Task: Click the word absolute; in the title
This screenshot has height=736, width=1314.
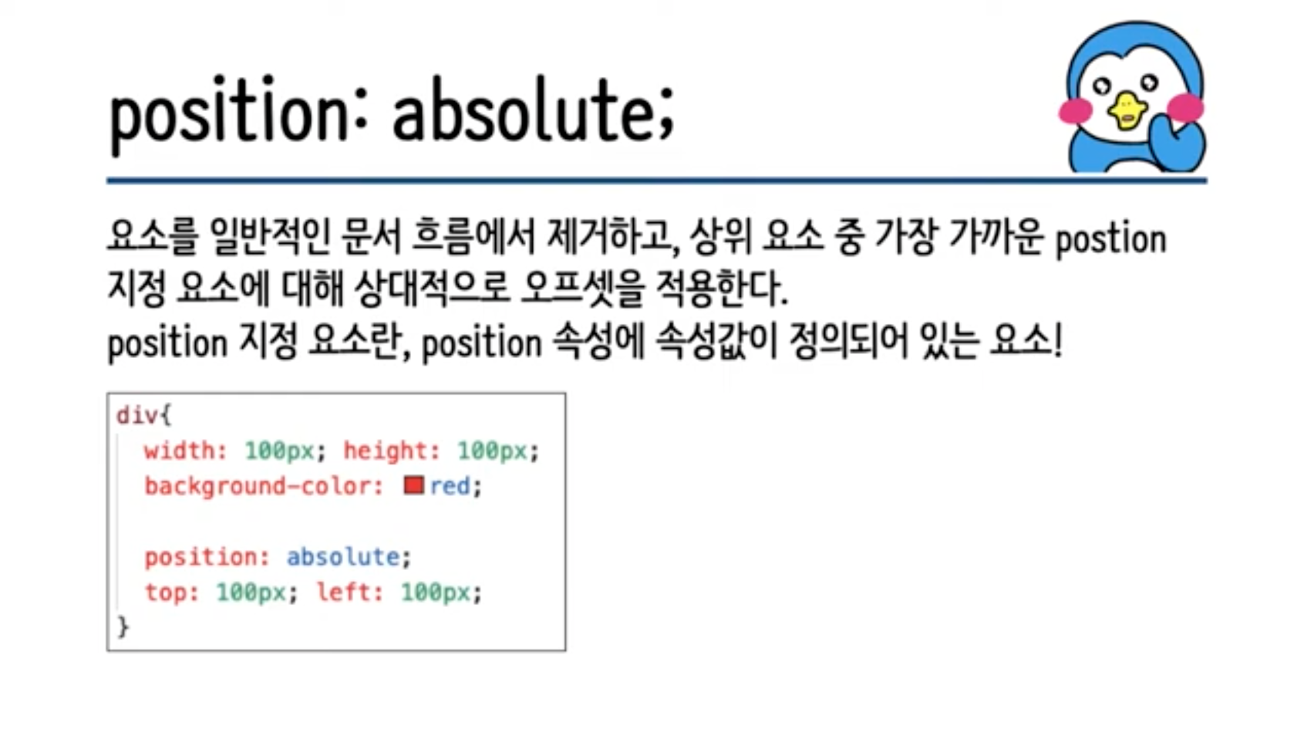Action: pyautogui.click(x=533, y=112)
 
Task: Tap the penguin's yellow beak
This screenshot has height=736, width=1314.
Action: pyautogui.click(x=1127, y=110)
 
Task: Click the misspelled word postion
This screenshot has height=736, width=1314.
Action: pyautogui.click(x=1111, y=241)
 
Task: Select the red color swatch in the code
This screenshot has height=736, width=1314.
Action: pyautogui.click(x=413, y=485)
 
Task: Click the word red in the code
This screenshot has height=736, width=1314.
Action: pyautogui.click(x=450, y=486)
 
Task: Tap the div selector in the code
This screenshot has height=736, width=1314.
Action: pyautogui.click(x=137, y=416)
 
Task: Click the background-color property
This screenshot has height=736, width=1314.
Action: pyautogui.click(x=264, y=487)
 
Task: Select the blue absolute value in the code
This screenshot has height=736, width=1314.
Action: pyautogui.click(x=343, y=557)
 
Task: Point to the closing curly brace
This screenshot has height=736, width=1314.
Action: pyautogui.click(x=123, y=626)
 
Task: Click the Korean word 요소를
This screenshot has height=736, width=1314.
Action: pyautogui.click(x=153, y=237)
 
